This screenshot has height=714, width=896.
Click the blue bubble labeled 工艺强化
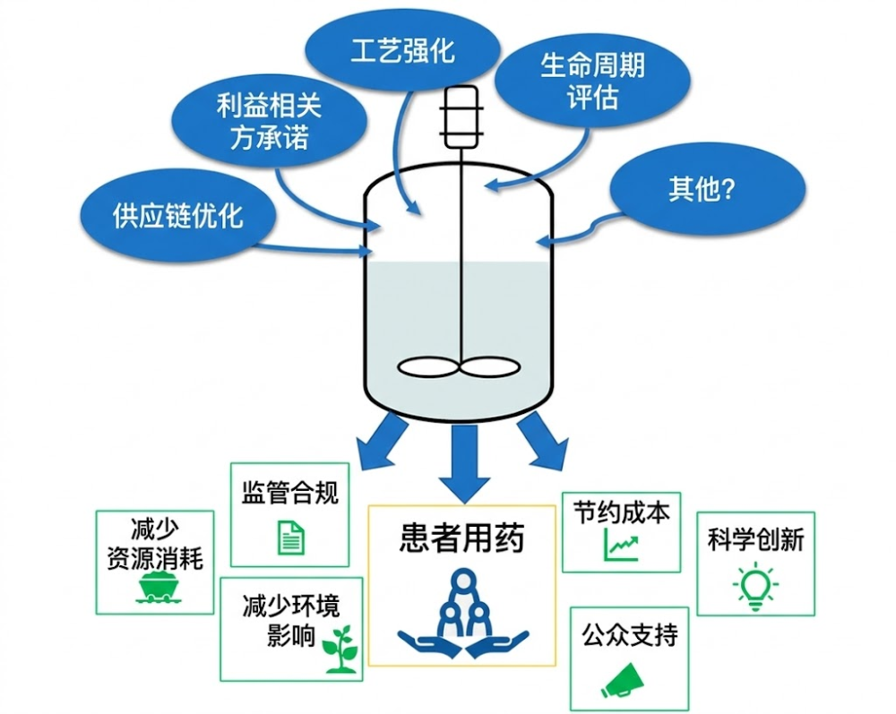point(402,50)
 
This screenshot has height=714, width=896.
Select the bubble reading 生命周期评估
point(592,81)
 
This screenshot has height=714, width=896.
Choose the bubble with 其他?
point(707,190)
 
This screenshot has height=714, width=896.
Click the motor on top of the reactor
point(462,116)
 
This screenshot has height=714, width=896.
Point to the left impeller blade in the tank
point(428,366)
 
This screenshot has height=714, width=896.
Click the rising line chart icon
point(621,542)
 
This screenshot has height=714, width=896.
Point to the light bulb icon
point(755,588)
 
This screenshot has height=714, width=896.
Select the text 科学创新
point(755,539)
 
